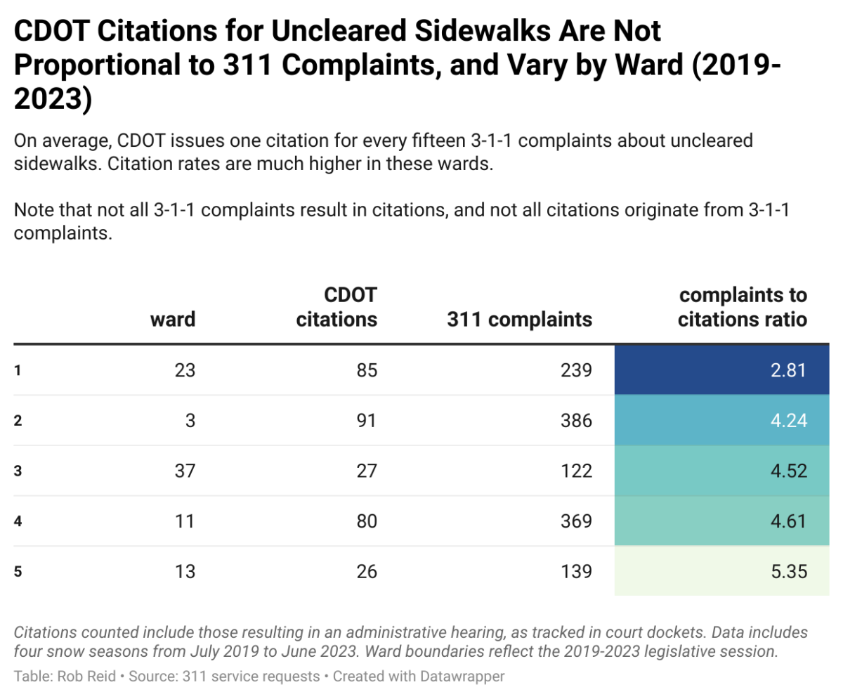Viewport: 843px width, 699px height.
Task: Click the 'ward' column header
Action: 173,320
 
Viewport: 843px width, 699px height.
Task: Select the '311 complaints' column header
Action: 519,320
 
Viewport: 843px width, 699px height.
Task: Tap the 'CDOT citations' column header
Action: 337,306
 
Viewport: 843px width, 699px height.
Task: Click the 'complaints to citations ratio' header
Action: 742,306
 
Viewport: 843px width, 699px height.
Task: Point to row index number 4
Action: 18,521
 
